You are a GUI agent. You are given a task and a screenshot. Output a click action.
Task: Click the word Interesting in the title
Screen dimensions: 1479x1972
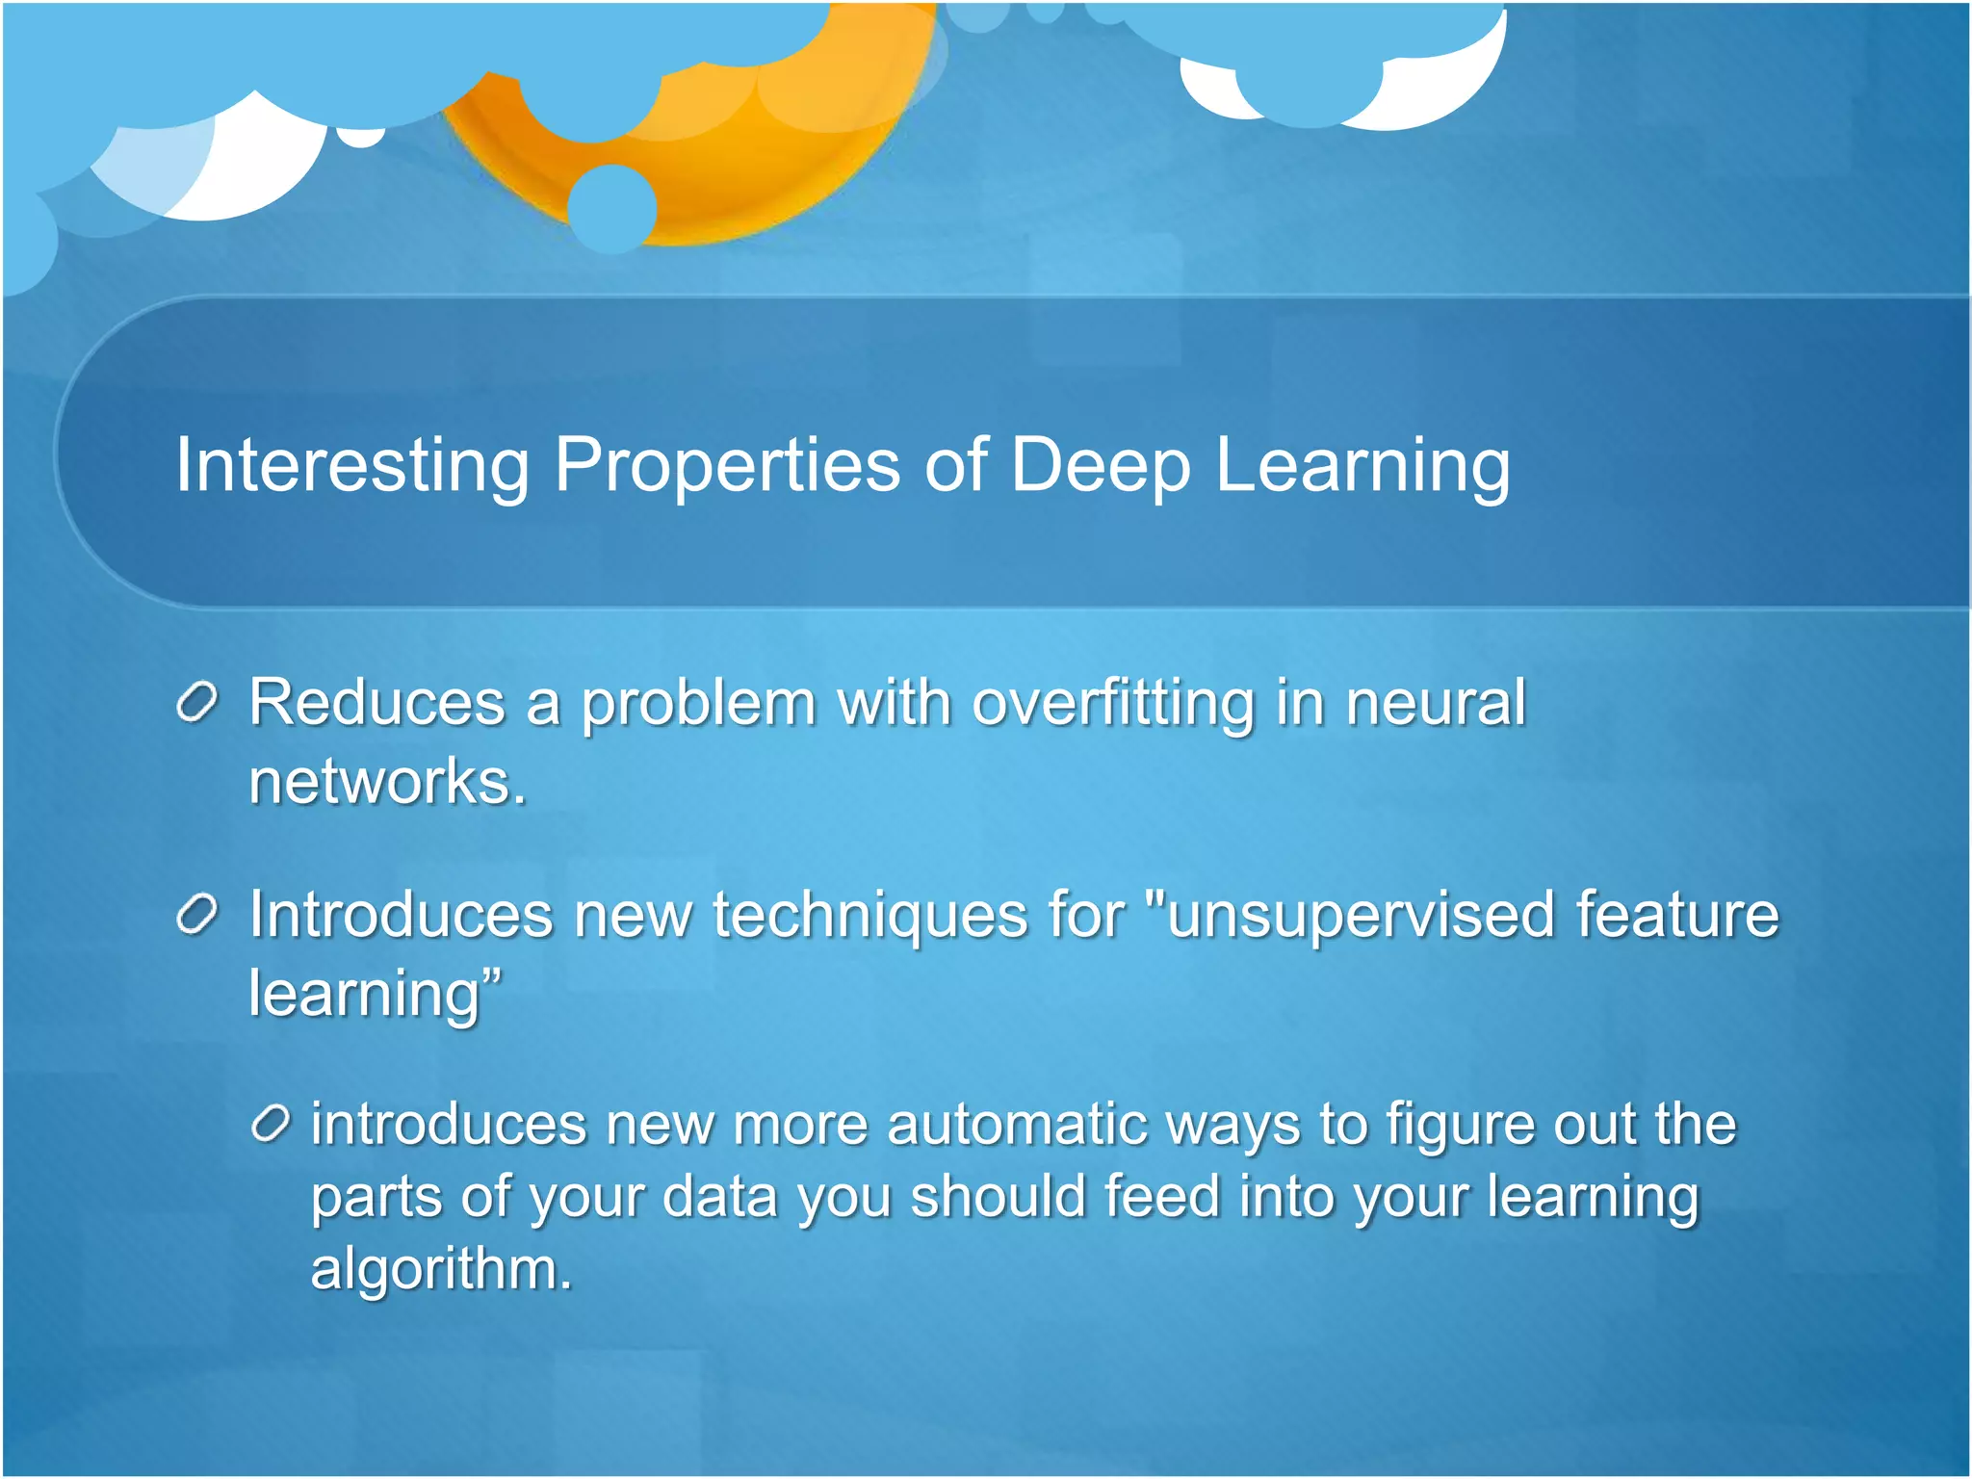(351, 466)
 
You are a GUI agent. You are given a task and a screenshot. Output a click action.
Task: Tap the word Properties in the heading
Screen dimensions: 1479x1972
(727, 466)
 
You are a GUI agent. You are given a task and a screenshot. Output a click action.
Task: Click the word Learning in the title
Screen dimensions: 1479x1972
(1362, 466)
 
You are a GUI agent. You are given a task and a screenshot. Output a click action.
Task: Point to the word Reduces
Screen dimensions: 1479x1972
(376, 702)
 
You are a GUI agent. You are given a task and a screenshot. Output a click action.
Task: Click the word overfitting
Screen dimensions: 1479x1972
(1113, 702)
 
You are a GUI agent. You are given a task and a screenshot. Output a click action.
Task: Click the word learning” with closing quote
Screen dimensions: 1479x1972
(376, 994)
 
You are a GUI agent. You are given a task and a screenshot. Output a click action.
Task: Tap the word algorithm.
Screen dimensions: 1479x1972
(441, 1268)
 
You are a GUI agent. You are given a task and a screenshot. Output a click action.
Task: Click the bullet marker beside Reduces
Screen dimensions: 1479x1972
(197, 702)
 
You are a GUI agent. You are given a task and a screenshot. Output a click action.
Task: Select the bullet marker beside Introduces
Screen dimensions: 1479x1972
(197, 915)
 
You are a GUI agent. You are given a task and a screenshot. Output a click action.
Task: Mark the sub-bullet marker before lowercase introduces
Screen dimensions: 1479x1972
(270, 1124)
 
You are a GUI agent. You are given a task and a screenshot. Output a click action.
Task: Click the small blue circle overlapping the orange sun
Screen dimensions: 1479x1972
(612, 208)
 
